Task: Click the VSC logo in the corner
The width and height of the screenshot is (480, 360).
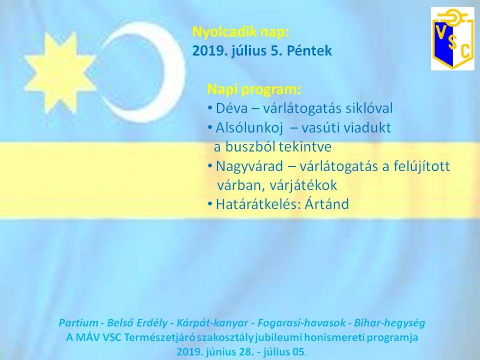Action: (453, 39)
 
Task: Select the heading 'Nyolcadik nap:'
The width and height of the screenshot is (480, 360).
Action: (241, 32)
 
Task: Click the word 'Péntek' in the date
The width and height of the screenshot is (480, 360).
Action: (309, 51)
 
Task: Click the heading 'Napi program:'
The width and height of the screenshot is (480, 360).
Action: (254, 89)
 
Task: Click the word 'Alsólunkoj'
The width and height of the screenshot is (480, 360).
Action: (249, 128)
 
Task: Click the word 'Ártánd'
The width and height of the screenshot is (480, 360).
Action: (327, 204)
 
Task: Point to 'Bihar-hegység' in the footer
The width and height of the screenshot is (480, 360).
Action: (390, 323)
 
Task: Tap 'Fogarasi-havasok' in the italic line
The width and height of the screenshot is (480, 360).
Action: (301, 323)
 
